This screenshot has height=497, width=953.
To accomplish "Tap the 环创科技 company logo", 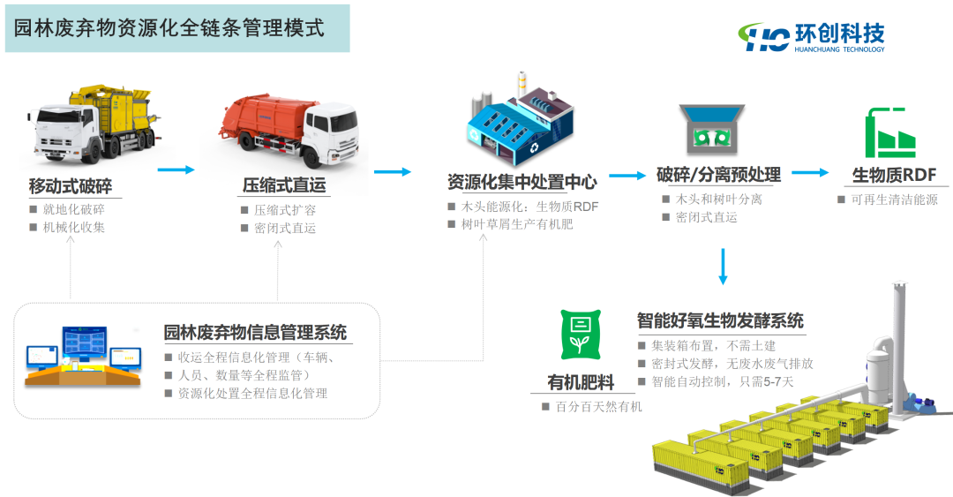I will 814,36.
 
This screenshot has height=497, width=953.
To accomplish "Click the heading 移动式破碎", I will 71,186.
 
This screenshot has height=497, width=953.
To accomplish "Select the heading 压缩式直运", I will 284,185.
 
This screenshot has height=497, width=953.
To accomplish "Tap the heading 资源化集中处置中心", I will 522,183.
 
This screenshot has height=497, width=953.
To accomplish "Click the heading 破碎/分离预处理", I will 718,175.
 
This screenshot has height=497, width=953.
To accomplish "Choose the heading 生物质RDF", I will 894,174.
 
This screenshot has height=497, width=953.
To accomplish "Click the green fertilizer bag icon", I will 581,335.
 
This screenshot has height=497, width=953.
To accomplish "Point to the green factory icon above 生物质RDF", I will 892,132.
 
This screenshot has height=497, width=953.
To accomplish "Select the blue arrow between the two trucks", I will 176,169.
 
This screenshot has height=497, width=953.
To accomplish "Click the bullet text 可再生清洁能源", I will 894,200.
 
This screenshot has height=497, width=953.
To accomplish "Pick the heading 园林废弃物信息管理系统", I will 255,333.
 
